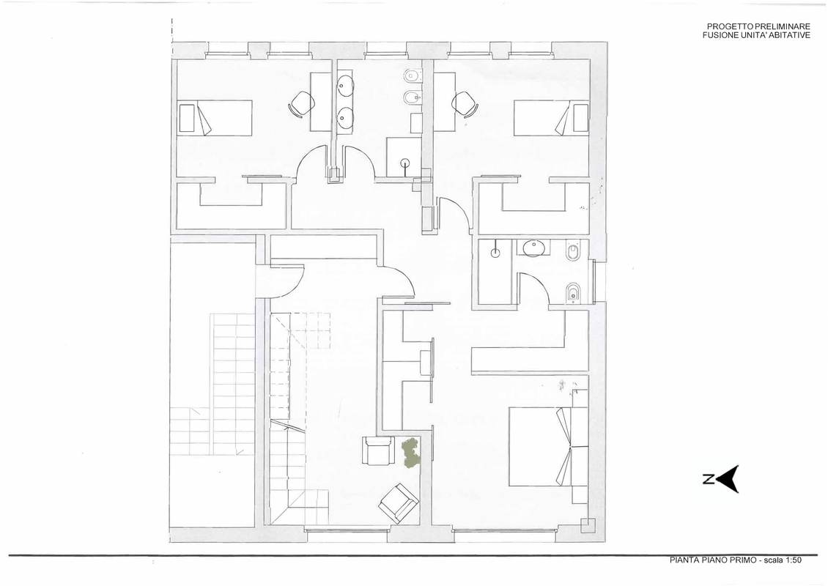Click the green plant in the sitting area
tap(411, 453)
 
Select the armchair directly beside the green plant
tap(378, 450)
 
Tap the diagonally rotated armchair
tap(399, 502)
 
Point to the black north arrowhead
tap(729, 479)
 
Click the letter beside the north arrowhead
tap(708, 479)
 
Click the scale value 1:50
tap(793, 560)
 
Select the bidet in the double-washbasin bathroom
tap(412, 97)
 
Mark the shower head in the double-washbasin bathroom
tap(405, 163)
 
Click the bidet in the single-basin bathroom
tap(574, 293)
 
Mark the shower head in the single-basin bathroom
tap(495, 251)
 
